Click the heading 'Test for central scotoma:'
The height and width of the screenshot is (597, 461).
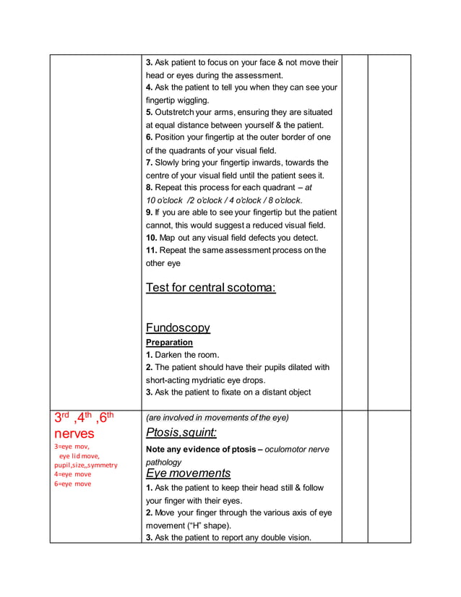[x=210, y=288]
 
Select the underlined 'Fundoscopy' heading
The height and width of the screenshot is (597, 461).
[x=178, y=327]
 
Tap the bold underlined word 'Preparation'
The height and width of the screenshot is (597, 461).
[x=169, y=342]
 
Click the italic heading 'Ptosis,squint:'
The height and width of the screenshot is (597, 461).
[x=181, y=432]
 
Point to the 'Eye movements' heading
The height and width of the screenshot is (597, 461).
[x=188, y=473]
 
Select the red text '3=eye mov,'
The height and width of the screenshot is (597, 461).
[x=72, y=447]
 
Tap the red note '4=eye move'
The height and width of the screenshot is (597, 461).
[x=73, y=474]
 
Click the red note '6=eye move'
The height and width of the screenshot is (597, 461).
[x=73, y=484]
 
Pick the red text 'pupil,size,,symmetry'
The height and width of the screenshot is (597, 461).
[x=86, y=465]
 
